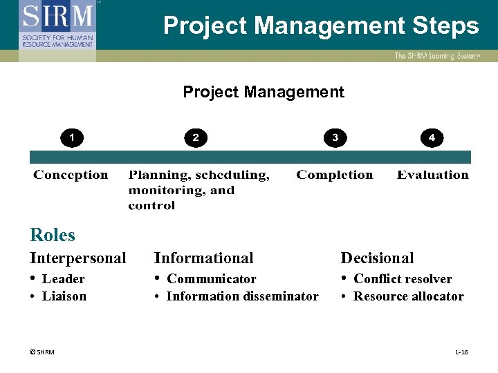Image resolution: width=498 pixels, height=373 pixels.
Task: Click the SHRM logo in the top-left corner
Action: tap(57, 26)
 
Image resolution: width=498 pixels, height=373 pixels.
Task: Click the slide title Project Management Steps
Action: tap(321, 26)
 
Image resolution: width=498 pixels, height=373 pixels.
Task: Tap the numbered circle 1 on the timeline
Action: tap(71, 138)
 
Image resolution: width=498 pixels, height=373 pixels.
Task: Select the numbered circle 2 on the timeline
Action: tap(196, 138)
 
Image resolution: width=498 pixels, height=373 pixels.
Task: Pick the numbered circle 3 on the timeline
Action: tap(335, 138)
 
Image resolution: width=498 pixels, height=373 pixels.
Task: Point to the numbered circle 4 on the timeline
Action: tap(432, 138)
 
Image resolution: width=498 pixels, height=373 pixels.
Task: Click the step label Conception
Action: tap(71, 175)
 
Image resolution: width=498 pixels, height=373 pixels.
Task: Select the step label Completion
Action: tap(334, 175)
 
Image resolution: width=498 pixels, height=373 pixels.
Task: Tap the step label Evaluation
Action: tap(432, 175)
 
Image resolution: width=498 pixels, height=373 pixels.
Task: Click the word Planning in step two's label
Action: tap(157, 175)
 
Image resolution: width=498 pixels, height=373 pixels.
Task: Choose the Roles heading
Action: tap(53, 235)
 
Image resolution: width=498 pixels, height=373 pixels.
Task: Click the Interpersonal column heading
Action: tap(77, 258)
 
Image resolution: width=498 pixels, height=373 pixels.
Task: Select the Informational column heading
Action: tap(203, 258)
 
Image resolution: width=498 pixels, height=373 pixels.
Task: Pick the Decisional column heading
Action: tap(377, 258)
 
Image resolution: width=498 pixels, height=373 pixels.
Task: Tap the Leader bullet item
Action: tap(63, 279)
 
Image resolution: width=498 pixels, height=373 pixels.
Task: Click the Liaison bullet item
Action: tap(64, 296)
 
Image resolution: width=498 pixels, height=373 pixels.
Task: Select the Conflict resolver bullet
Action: tap(402, 279)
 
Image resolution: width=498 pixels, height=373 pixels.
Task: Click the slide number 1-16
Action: tap(461, 352)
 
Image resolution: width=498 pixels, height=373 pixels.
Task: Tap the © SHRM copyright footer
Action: tap(42, 352)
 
